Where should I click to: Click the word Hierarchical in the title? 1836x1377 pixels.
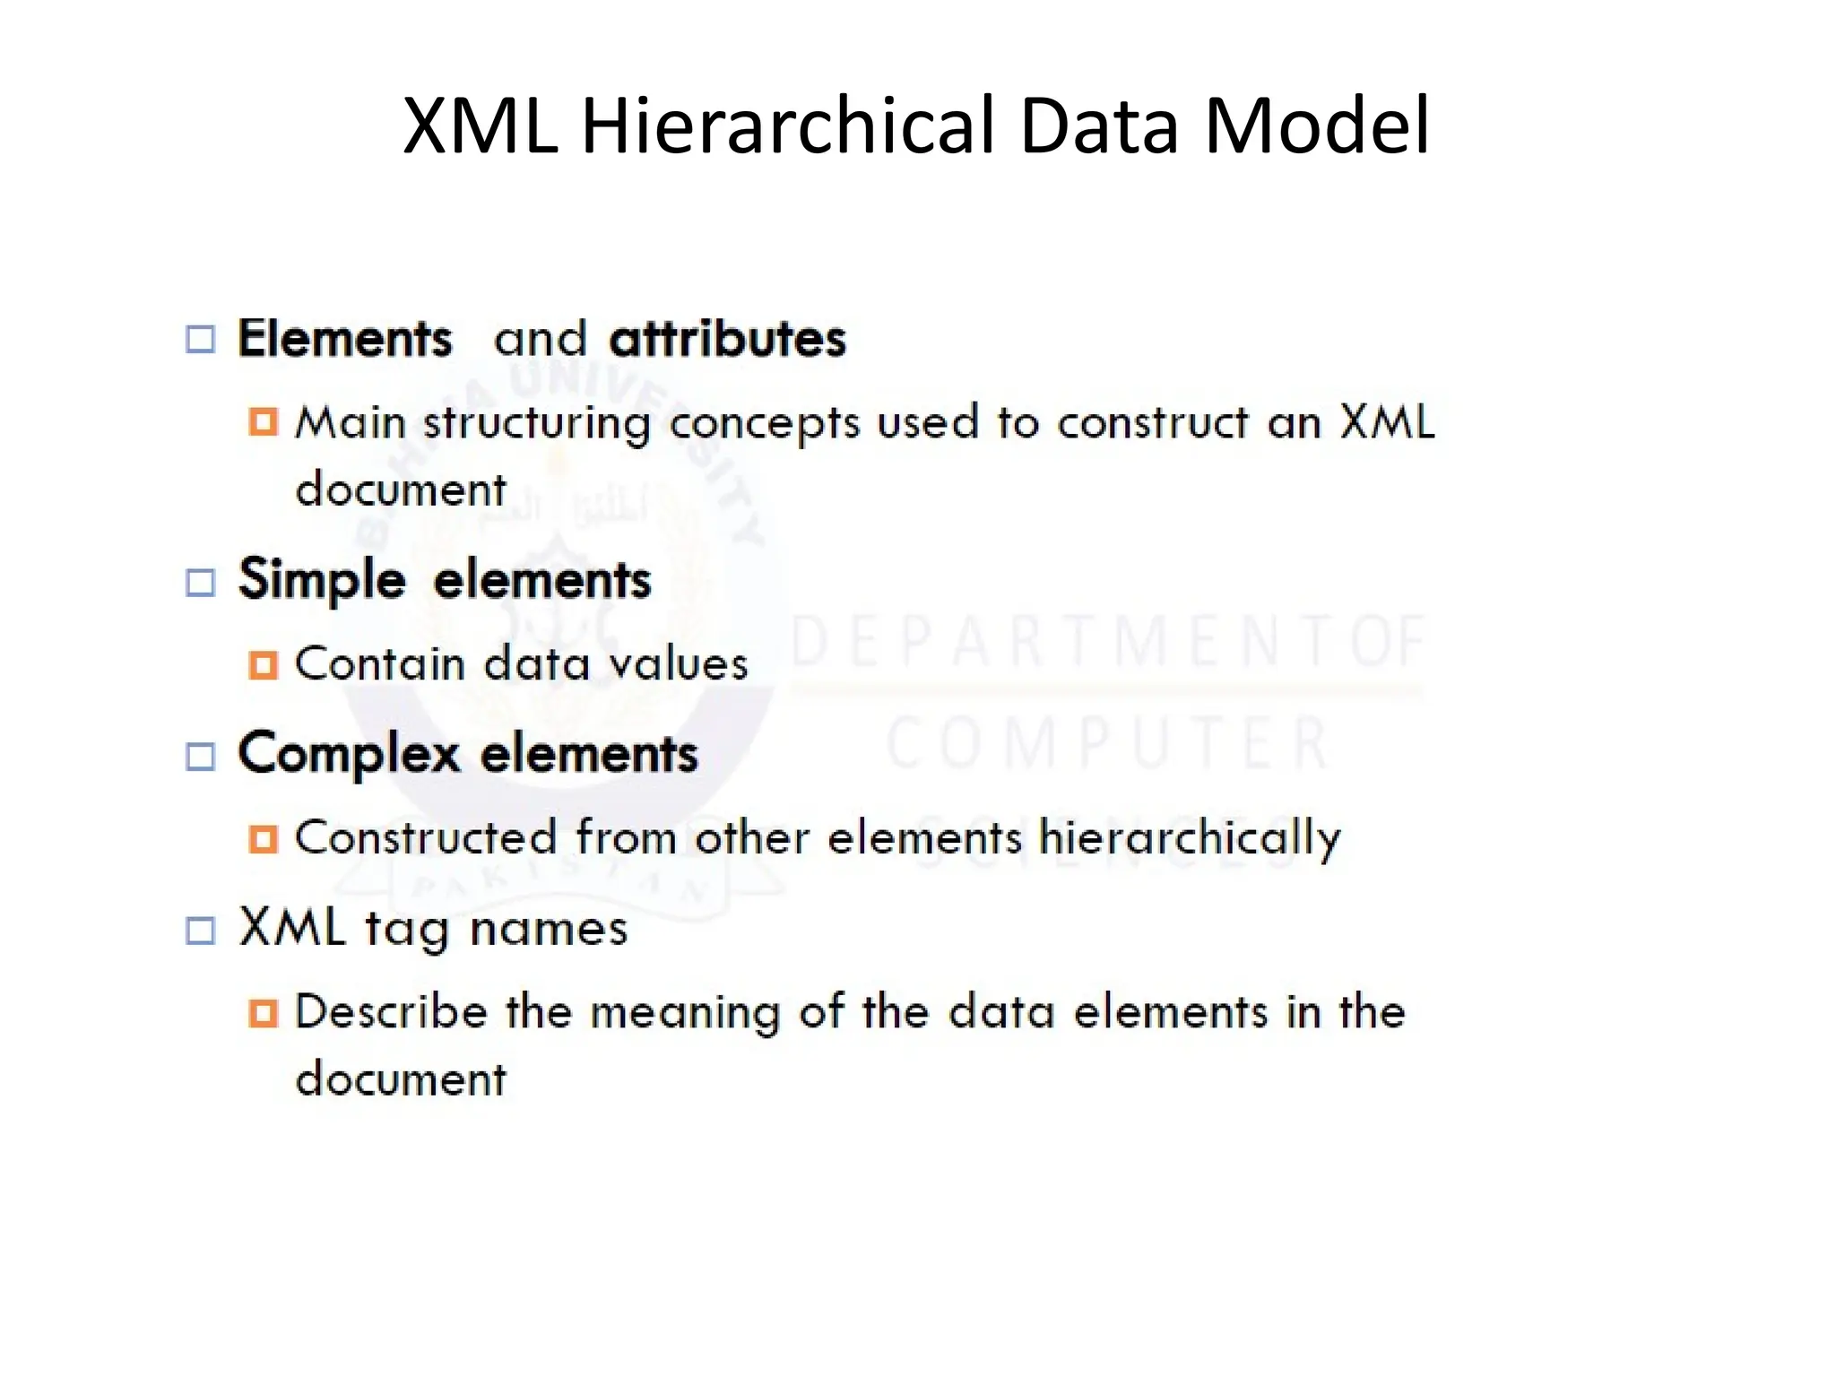pos(790,125)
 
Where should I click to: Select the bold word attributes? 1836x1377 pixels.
pos(727,339)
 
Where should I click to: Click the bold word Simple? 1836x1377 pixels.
pos(322,580)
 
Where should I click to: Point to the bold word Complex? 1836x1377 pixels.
pos(350,754)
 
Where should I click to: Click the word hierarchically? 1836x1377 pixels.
pos(1190,838)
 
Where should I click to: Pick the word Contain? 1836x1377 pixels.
pos(379,664)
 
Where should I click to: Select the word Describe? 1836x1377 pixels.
pos(391,1012)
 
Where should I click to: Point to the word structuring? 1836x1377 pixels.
pos(537,423)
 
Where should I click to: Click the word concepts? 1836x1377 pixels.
pos(765,424)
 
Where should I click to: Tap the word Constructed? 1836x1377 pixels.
pos(425,838)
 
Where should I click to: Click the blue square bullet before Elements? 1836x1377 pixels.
pos(201,340)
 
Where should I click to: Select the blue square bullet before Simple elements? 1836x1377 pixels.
pos(201,583)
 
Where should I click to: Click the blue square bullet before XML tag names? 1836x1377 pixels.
pos(201,931)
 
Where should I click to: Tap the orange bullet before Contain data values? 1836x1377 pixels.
pos(263,665)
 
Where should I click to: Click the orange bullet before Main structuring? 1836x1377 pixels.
pos(263,421)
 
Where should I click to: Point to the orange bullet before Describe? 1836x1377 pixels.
pos(263,1013)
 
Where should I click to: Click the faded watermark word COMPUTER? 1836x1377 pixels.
pos(1108,743)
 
